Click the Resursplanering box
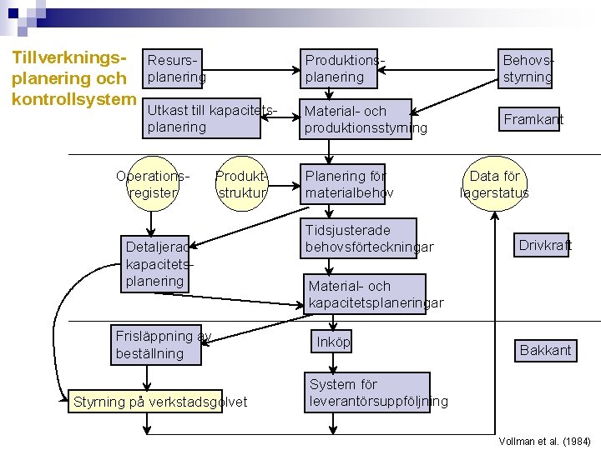(176, 68)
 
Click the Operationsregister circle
(152, 184)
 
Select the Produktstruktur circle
(241, 184)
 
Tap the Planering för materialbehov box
(344, 184)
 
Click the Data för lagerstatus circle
(494, 184)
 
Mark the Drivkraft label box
(543, 245)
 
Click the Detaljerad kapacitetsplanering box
(155, 263)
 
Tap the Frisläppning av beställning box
(158, 344)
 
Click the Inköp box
(333, 342)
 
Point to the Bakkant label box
(545, 350)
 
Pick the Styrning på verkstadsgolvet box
(149, 402)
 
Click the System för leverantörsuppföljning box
(367, 392)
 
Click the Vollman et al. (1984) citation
(544, 441)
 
